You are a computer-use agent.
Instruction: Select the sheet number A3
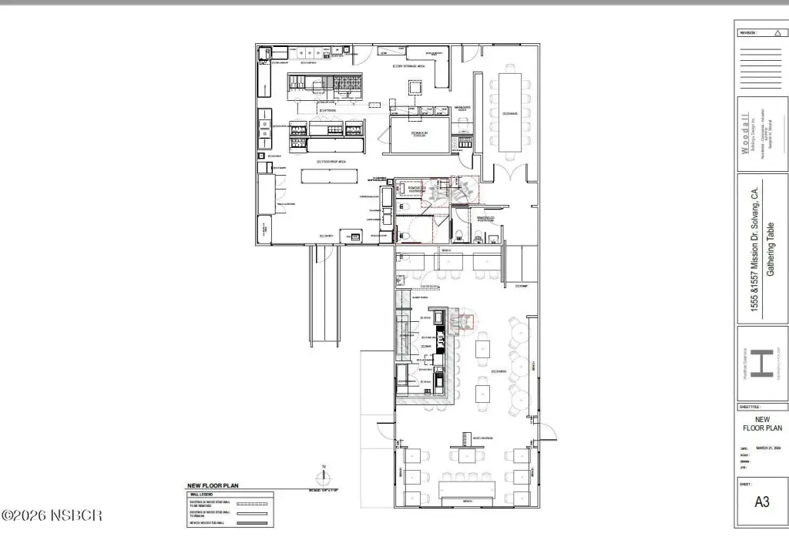pyautogui.click(x=761, y=501)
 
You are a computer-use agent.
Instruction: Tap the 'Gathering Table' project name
pyautogui.click(x=773, y=249)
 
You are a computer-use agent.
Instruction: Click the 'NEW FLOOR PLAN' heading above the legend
pyautogui.click(x=213, y=486)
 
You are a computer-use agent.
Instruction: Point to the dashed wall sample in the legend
pyautogui.click(x=253, y=501)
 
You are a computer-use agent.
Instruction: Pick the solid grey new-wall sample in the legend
pyautogui.click(x=253, y=523)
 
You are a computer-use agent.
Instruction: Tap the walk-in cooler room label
pyautogui.click(x=419, y=133)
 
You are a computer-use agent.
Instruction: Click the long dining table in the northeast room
pyautogui.click(x=510, y=112)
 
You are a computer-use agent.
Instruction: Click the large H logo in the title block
pyautogui.click(x=761, y=362)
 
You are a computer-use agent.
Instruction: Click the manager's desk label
pyautogui.click(x=462, y=109)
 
